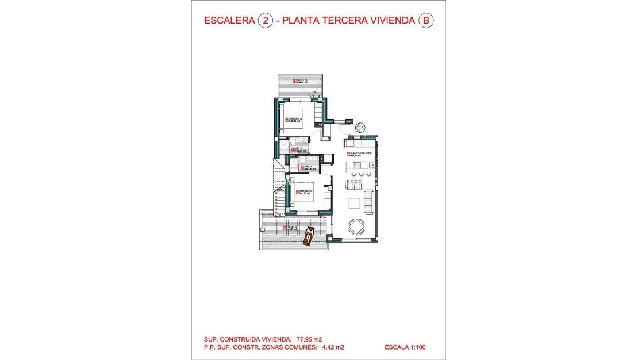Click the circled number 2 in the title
tap(265, 21)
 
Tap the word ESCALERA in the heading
tap(229, 21)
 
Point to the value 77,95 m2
tap(309, 339)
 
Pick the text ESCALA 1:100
tap(405, 347)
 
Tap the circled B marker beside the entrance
tap(362, 128)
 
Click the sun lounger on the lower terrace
tap(309, 236)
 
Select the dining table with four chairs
tap(357, 225)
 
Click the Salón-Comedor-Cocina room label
tap(360, 155)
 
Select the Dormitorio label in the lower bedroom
tap(303, 192)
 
